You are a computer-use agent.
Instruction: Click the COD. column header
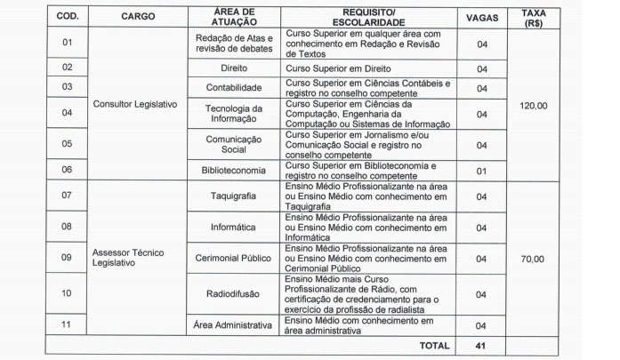click(x=68, y=16)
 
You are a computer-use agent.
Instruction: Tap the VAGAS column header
click(x=481, y=16)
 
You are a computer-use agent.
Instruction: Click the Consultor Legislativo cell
click(x=135, y=104)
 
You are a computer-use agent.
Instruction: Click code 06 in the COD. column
click(x=67, y=169)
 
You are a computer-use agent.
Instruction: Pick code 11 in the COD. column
click(x=67, y=325)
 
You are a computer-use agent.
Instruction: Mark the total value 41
click(x=481, y=345)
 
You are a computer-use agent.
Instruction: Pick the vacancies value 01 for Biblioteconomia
click(x=481, y=169)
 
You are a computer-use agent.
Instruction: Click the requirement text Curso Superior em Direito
click(x=332, y=68)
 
